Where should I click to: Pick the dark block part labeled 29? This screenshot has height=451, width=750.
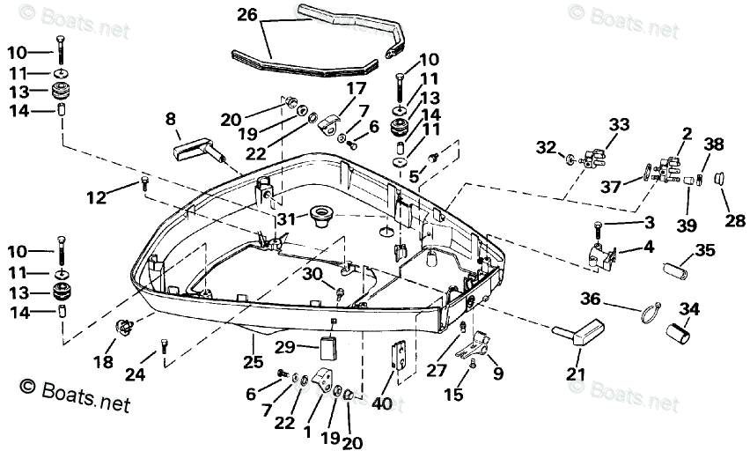(328, 347)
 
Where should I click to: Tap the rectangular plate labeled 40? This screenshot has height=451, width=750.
(397, 357)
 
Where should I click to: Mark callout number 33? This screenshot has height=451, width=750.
(619, 125)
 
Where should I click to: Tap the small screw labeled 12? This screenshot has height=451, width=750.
(143, 184)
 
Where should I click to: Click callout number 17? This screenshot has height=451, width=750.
(355, 88)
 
